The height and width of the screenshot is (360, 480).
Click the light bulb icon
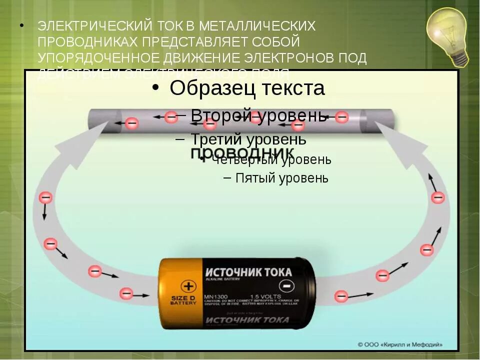448,36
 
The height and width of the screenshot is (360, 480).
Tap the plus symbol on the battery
188,286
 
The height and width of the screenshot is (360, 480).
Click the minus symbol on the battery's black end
285,286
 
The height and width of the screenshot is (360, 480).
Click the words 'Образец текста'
247,88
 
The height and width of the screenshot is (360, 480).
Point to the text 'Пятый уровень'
282,178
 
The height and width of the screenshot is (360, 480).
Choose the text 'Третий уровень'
248,139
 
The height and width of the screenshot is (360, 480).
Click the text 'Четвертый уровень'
271,159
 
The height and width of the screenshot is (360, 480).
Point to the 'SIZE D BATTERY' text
183,300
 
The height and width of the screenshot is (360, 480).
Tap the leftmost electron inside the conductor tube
131,122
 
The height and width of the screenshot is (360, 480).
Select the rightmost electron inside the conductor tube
341,117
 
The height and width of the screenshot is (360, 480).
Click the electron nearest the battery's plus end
126,293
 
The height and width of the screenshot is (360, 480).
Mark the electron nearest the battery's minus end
341,296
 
